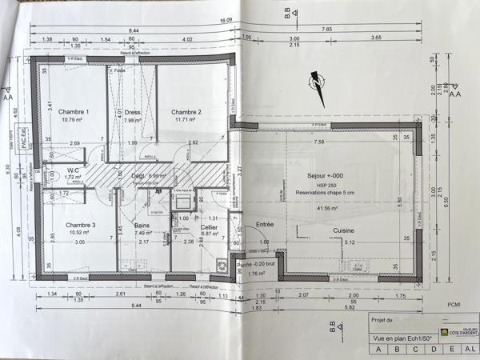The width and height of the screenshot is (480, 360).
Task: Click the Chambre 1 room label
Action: click(x=73, y=112)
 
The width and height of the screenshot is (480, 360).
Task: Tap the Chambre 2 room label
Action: click(x=186, y=112)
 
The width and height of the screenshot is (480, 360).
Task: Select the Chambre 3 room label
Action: click(x=81, y=225)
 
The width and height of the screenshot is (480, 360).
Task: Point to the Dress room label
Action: click(x=132, y=113)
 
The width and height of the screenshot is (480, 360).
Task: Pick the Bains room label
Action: click(x=142, y=226)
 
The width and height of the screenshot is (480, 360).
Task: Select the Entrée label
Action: click(x=264, y=225)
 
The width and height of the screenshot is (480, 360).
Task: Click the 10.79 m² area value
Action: click(x=73, y=121)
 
